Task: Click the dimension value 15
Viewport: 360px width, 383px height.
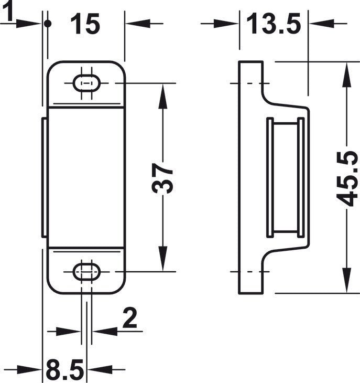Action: tap(85, 24)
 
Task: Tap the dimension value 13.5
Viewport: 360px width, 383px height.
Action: tap(274, 24)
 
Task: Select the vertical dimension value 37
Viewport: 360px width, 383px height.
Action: tap(162, 178)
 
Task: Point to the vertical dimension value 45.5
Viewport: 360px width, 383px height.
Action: tap(347, 178)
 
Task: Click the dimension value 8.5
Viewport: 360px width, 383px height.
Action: tap(65, 369)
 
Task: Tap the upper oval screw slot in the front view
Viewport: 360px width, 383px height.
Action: tap(86, 83)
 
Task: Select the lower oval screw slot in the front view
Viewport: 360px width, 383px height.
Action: tap(86, 271)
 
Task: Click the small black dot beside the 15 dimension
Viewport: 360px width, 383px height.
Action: tap(48, 24)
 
